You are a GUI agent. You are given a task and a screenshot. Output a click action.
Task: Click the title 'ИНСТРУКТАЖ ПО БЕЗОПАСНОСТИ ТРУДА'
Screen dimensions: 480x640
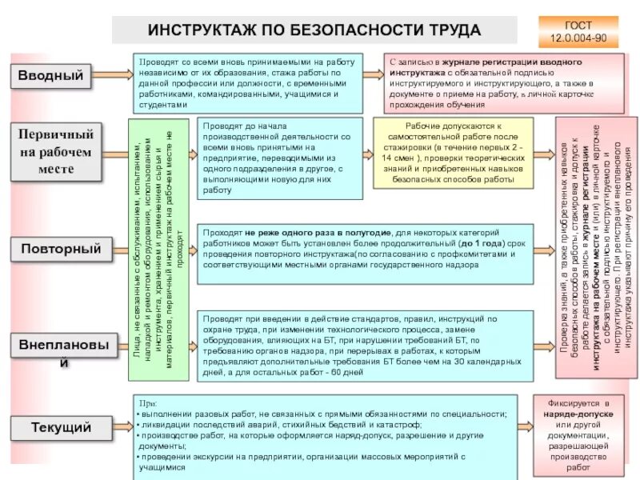314,30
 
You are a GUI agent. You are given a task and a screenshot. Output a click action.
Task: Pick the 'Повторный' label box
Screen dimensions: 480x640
60,249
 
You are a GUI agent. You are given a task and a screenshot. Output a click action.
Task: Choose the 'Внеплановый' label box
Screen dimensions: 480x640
60,352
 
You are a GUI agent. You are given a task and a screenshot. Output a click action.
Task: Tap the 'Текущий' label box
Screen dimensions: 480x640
60,427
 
